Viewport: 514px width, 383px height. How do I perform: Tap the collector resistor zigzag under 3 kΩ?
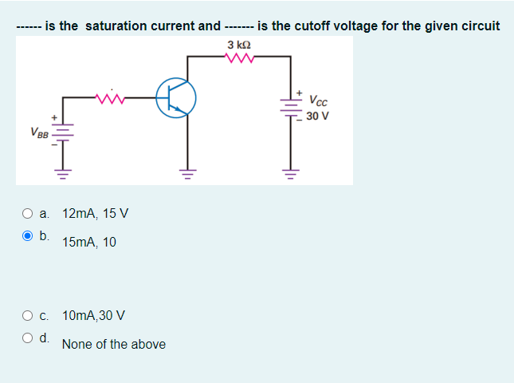[240, 57]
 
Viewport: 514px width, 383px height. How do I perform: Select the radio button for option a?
[28, 214]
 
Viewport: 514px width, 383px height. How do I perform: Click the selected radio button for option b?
[28, 236]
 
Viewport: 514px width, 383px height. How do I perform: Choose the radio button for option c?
[28, 315]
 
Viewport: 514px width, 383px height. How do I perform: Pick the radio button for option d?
[28, 338]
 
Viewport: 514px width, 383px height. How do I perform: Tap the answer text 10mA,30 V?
[93, 315]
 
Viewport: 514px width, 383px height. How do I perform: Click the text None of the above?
[114, 344]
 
